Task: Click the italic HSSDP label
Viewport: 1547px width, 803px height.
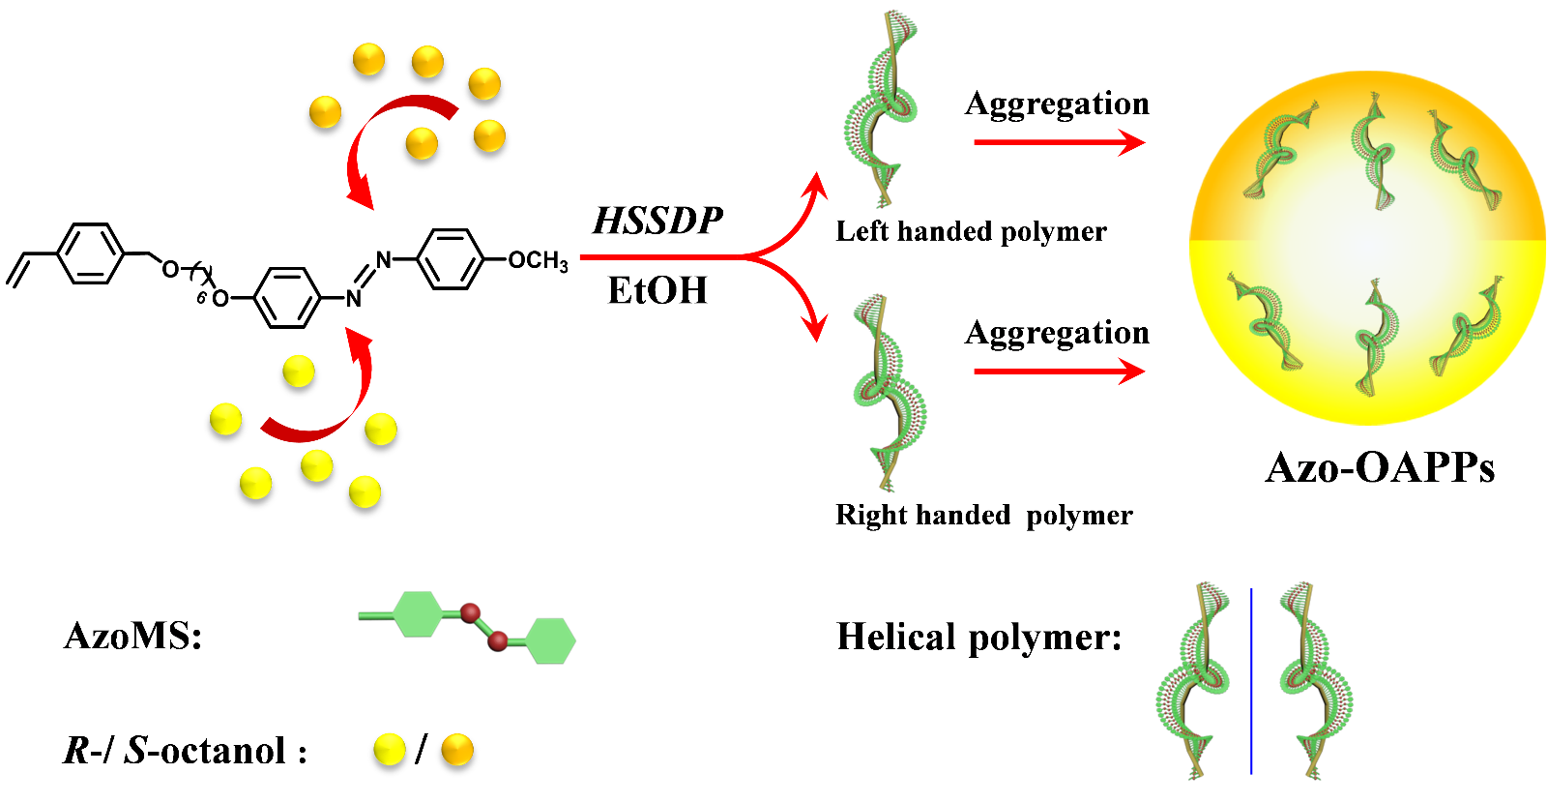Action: click(657, 222)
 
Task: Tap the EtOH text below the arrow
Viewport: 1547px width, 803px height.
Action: click(657, 290)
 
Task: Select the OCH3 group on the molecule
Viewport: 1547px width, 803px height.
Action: click(538, 260)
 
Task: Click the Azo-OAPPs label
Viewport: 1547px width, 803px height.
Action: click(1380, 468)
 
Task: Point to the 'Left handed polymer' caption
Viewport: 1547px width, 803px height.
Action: click(971, 232)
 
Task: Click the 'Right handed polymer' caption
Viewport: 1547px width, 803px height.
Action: click(983, 515)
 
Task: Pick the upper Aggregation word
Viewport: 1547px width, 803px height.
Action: click(1057, 104)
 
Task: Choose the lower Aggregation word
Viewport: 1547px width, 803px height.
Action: click(1057, 333)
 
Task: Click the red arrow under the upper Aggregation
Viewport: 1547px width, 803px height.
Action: click(1059, 143)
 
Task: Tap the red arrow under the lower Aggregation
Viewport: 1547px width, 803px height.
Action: click(1059, 372)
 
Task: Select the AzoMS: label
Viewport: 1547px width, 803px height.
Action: click(133, 637)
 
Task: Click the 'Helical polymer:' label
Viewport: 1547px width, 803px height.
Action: click(978, 638)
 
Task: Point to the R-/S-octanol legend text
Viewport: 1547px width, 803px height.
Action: click(185, 751)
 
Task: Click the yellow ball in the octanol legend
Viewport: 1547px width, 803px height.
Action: click(389, 750)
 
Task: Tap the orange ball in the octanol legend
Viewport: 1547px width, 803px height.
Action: click(457, 750)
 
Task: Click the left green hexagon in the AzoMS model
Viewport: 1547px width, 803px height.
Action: click(418, 614)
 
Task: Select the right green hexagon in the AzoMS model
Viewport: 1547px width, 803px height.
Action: click(551, 640)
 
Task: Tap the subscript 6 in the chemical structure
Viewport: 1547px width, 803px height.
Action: click(201, 299)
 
